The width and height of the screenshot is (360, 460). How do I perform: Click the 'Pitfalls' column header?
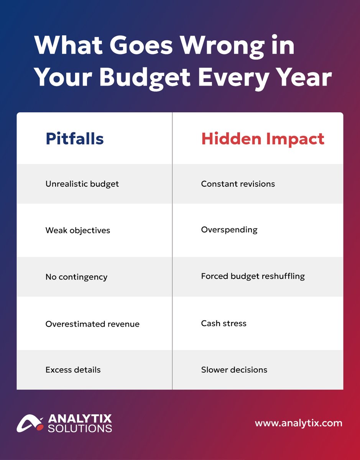pos(74,139)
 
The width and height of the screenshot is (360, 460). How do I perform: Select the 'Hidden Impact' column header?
pos(263,139)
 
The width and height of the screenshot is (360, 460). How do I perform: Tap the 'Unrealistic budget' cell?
pos(82,184)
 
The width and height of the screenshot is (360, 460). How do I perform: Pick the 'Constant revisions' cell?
pos(238,184)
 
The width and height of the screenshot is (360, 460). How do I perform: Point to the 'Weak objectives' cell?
pos(77,230)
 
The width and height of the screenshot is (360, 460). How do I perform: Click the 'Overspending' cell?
pos(229,230)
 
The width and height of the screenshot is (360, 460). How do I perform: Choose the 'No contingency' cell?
pos(76,277)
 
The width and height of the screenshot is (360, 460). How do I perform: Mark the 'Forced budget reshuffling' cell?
pos(253,276)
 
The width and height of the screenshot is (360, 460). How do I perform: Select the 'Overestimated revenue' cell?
pos(92,324)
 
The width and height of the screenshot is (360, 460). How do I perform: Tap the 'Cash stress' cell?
pos(224,324)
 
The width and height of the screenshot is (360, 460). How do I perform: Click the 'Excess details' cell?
pos(73,370)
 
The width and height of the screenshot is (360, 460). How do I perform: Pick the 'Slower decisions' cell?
pos(234,370)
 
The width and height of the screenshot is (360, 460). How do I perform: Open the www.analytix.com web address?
pos(298,424)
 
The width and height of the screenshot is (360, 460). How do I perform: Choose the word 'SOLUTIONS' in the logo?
pos(80,428)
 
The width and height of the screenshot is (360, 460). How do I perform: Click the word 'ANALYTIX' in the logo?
pos(80,418)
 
